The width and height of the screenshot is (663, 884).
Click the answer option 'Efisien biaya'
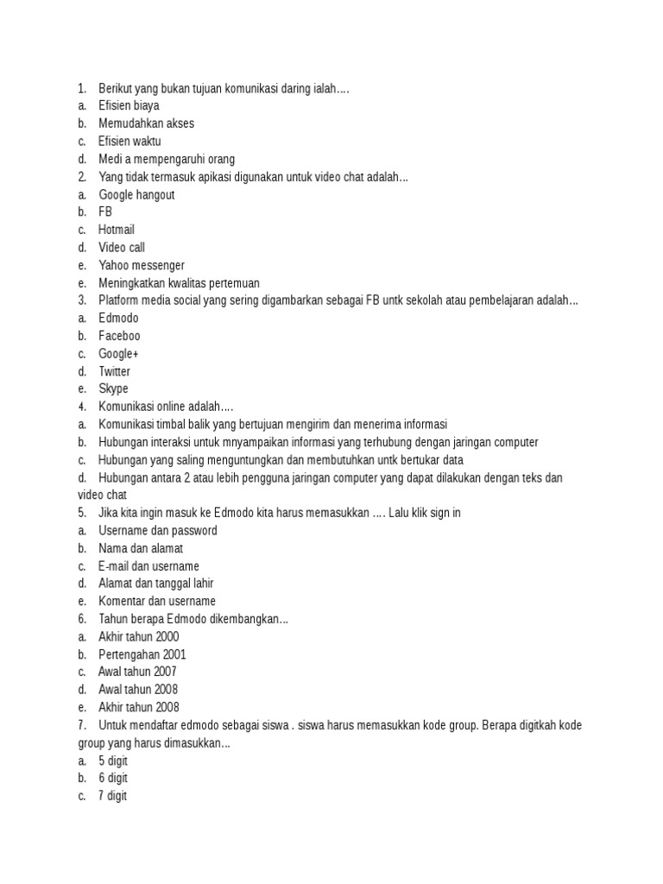click(129, 105)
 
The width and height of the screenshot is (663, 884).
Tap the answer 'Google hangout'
click(136, 194)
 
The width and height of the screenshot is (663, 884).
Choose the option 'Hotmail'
click(117, 230)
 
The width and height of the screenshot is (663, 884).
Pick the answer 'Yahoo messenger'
click(142, 265)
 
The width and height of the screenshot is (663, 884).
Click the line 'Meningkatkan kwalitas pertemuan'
click(179, 283)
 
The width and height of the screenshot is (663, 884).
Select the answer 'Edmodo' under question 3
click(119, 319)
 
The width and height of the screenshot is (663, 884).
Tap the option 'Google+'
click(118, 354)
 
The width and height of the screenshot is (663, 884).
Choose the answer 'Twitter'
click(115, 371)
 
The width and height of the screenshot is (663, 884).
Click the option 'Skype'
click(113, 389)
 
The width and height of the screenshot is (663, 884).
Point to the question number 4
click(81, 407)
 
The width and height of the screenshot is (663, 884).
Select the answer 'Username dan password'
click(158, 531)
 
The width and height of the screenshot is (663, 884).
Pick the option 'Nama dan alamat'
click(141, 548)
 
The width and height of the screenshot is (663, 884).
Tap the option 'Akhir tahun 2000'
click(139, 637)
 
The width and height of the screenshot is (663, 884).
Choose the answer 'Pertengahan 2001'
click(142, 654)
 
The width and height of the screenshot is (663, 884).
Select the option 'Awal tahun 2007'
click(138, 672)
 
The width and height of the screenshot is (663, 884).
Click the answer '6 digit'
click(113, 779)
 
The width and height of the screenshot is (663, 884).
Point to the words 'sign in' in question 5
click(442, 513)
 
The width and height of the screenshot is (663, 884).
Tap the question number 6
click(81, 619)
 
